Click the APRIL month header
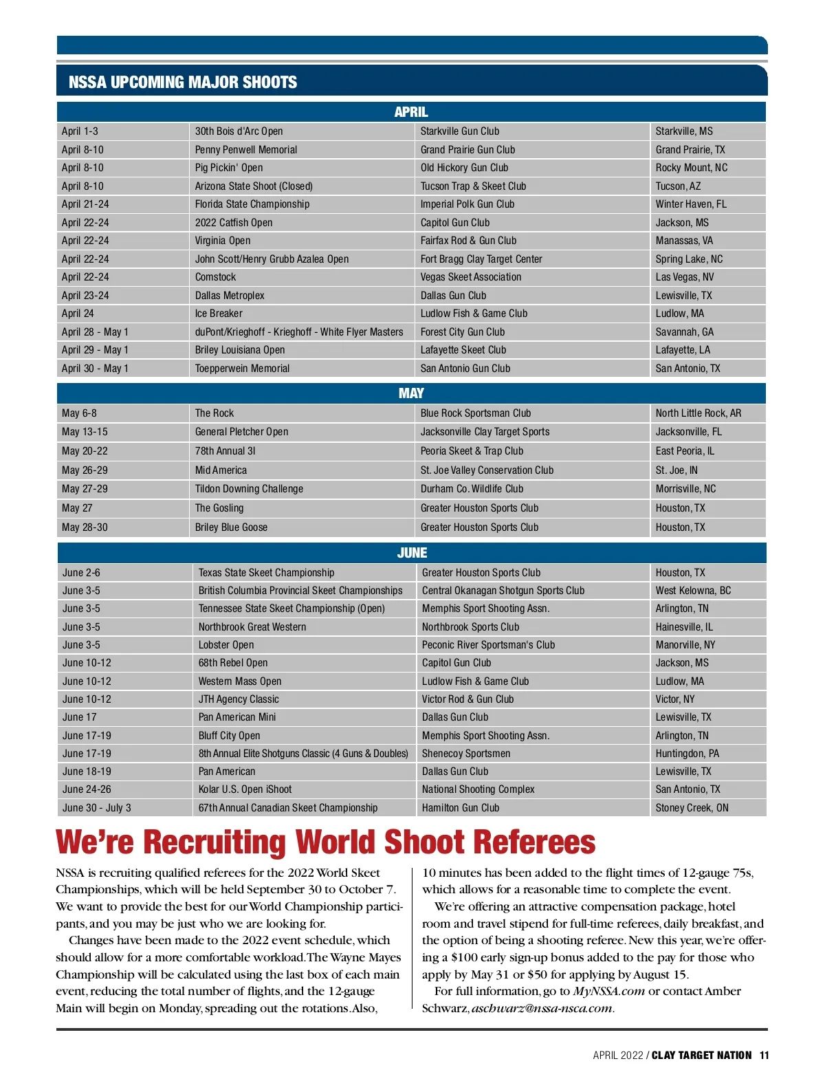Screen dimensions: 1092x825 coord(411,112)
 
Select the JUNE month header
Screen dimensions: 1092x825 coord(412,553)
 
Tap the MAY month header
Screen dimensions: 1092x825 coord(411,393)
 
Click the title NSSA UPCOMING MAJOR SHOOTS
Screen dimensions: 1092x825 coord(183,83)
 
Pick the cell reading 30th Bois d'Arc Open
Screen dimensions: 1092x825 coord(239,131)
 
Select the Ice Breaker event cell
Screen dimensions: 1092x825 coord(219,314)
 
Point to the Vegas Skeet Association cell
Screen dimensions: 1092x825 coord(471,277)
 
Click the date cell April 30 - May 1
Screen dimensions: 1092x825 coord(95,369)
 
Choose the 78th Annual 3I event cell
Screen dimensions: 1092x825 coord(225,451)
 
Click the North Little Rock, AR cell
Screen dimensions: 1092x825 coord(698,413)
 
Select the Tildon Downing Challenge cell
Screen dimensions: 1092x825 coord(249,489)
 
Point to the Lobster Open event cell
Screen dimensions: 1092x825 coord(226,645)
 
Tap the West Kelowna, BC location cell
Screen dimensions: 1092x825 coord(693,591)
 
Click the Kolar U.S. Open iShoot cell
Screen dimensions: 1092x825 coord(245,789)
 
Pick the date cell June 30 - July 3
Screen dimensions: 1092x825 coord(97,808)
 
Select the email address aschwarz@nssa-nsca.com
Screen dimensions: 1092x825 coord(542,1009)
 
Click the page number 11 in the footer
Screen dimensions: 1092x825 coord(764,1056)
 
